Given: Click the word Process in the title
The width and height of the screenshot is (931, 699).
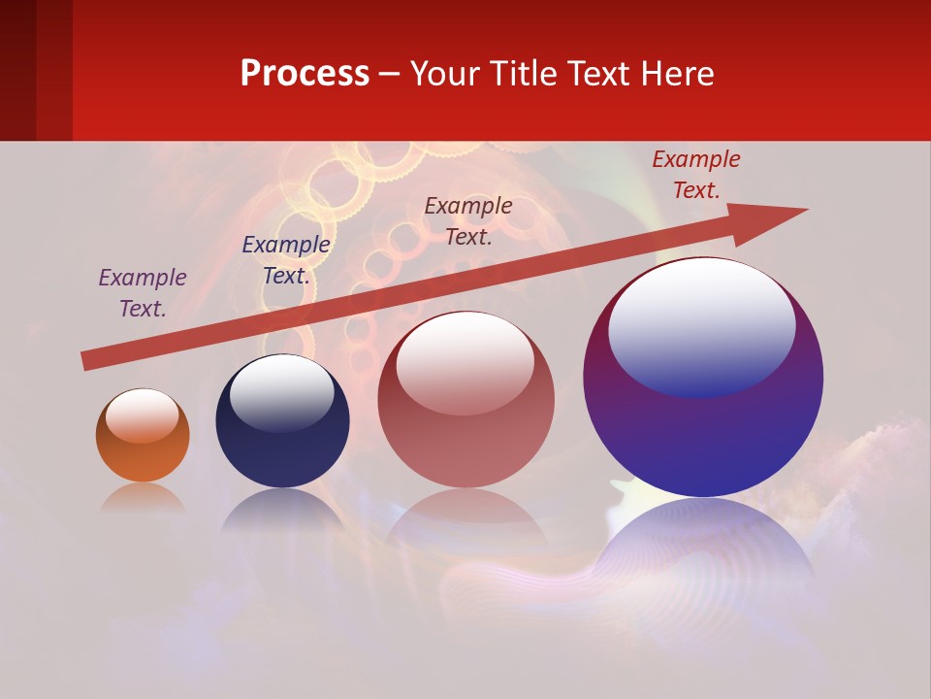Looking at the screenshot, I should (305, 74).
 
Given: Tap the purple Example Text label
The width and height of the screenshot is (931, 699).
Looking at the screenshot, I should (143, 293).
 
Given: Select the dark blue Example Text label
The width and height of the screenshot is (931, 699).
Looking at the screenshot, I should (285, 260).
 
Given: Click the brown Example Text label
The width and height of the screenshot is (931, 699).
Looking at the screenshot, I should (468, 221).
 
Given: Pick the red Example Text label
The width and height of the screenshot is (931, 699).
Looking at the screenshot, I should (695, 175).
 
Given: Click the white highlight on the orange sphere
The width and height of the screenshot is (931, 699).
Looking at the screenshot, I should (142, 416).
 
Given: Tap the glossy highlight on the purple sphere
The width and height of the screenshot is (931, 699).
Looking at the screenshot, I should (701, 325).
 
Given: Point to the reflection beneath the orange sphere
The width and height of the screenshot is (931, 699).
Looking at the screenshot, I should (143, 498).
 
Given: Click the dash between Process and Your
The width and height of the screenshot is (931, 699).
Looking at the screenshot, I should (390, 74).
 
